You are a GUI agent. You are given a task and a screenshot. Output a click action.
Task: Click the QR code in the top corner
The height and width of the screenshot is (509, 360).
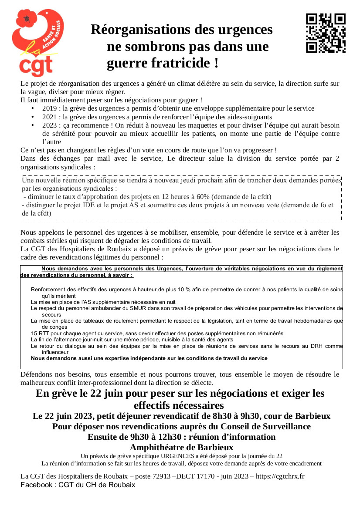pos(326,33)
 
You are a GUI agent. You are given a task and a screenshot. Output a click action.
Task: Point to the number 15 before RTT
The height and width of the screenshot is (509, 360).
pos(34,334)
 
